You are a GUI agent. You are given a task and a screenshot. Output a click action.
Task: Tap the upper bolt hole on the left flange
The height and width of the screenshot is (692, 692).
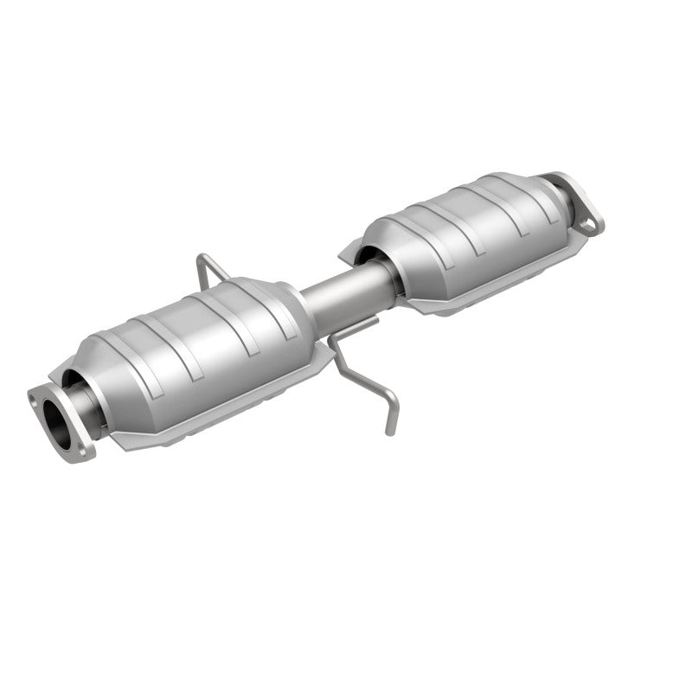click(35, 399)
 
